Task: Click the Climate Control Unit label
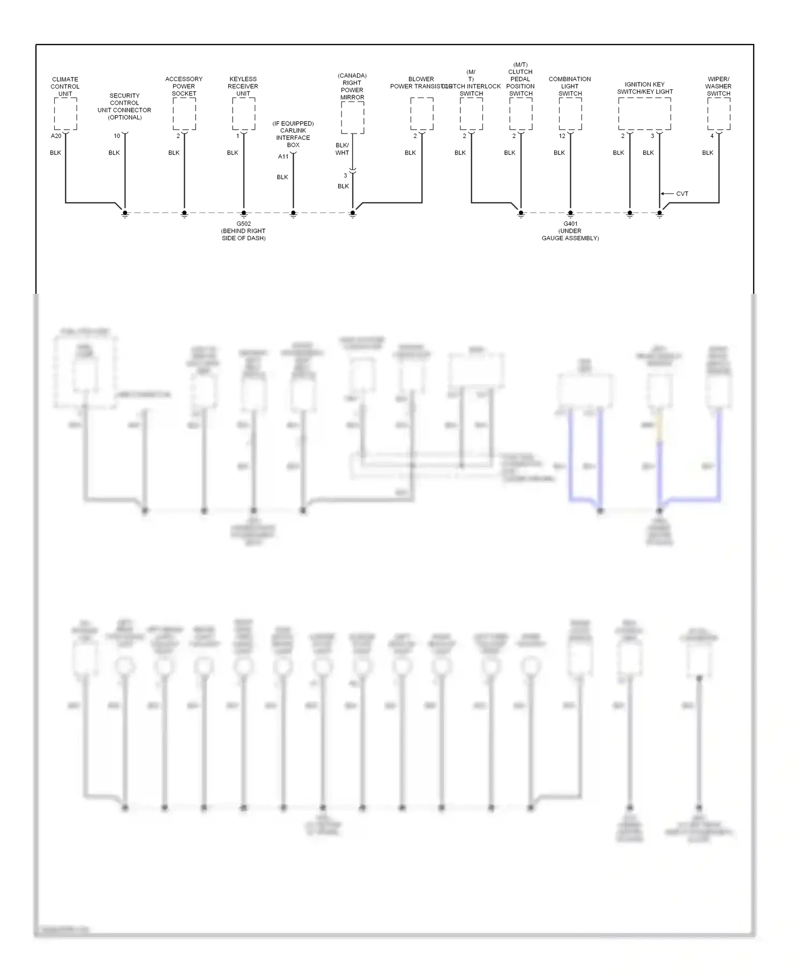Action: click(x=65, y=86)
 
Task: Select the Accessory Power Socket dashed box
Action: click(x=184, y=114)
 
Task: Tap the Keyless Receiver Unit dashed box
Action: click(x=243, y=114)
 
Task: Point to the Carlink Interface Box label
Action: click(x=293, y=134)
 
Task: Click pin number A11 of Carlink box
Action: click(x=283, y=157)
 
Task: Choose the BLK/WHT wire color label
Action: click(x=342, y=149)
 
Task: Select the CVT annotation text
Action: click(x=682, y=194)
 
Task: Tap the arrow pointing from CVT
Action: click(x=667, y=194)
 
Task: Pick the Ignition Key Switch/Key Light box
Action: click(x=644, y=114)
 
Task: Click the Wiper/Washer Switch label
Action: click(x=718, y=86)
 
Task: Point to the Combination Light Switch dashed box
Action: click(x=570, y=114)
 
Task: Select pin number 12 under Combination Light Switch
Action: click(x=562, y=136)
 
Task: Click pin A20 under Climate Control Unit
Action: click(x=56, y=136)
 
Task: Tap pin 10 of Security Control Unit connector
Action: click(x=117, y=136)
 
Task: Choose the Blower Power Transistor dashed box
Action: click(x=422, y=114)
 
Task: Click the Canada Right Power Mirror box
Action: click(x=352, y=117)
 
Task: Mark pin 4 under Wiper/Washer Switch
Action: click(x=712, y=136)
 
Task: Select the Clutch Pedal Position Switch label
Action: click(x=520, y=79)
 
